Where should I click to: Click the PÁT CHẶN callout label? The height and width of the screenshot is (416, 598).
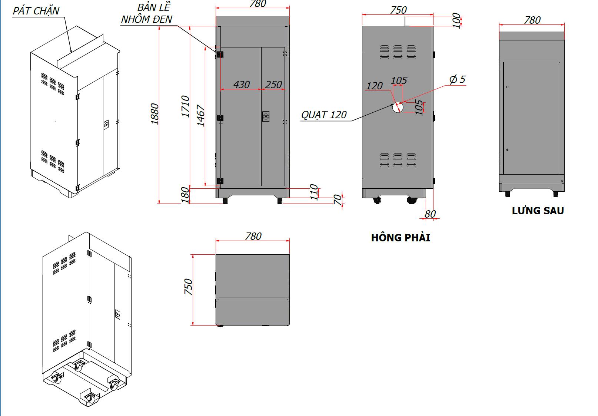36,11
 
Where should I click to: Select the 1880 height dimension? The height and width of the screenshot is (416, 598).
155,114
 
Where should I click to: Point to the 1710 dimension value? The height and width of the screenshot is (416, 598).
185,106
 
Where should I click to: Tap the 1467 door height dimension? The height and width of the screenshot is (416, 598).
200,115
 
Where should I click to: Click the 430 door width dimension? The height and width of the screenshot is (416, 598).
242,85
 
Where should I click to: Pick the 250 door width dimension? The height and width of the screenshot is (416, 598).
273,85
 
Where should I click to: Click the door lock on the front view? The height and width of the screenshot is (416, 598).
266,116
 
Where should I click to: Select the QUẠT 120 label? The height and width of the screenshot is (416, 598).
324,115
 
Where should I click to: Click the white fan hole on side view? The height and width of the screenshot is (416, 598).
398,108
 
